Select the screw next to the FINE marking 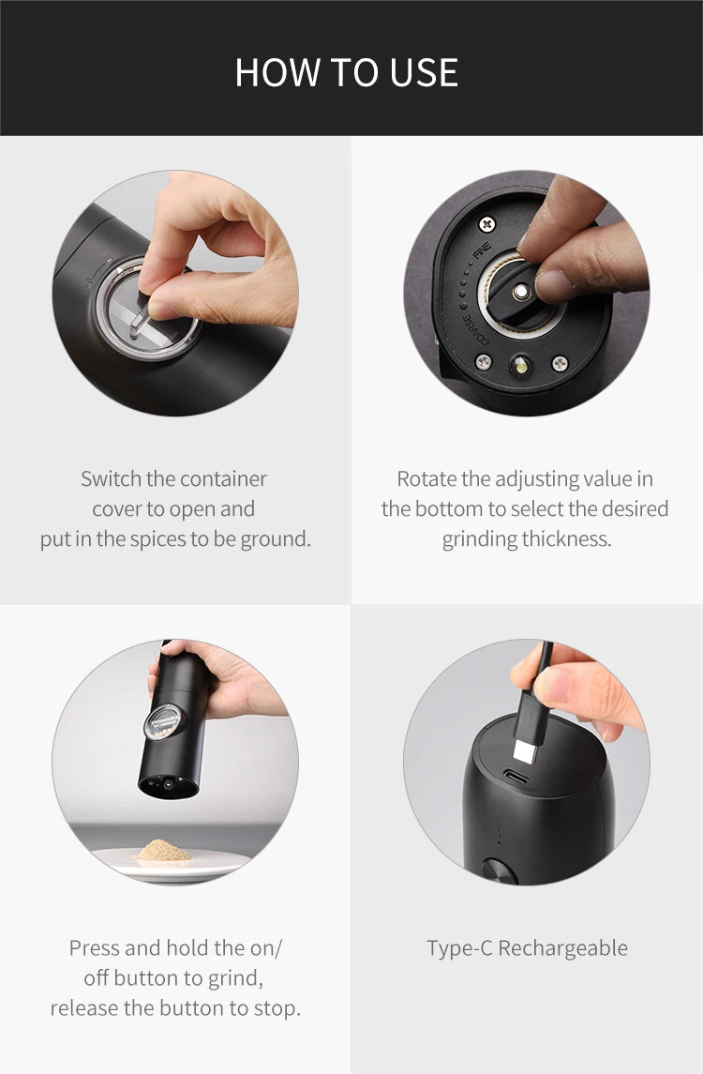pos(486,223)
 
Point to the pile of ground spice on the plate pos(164,852)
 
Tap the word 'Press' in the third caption pos(94,948)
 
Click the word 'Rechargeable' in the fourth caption pos(562,948)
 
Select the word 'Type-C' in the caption pos(459,948)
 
